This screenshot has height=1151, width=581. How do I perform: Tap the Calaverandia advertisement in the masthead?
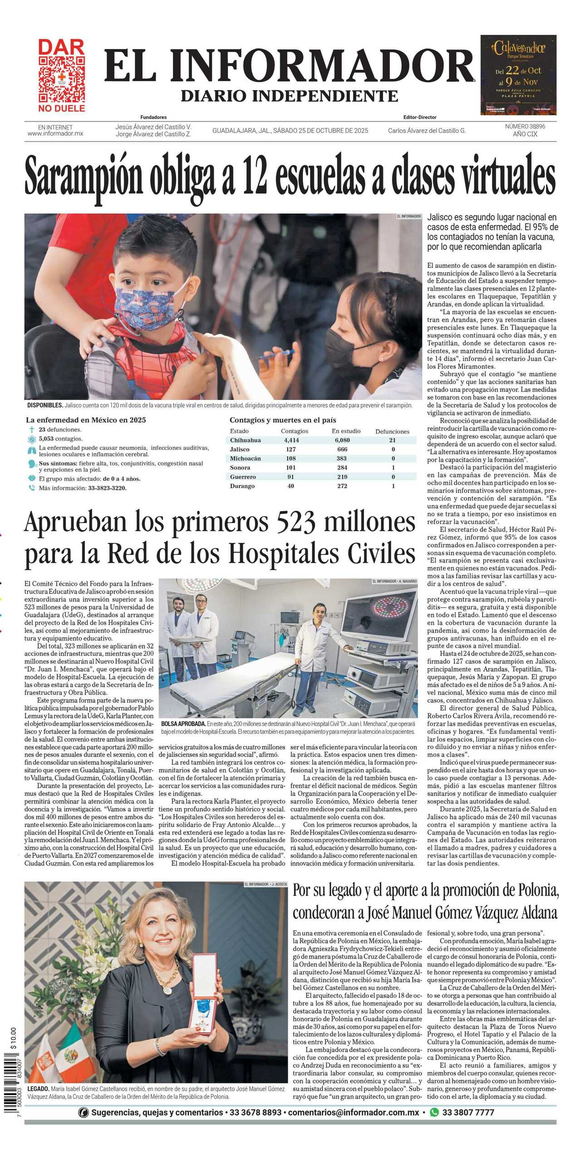(518, 75)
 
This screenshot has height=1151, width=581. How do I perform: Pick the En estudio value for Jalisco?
(342, 449)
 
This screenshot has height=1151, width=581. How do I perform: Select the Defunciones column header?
(392, 431)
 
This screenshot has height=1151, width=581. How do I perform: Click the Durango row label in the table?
(242, 486)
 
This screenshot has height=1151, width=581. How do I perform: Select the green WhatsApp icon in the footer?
(434, 1112)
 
